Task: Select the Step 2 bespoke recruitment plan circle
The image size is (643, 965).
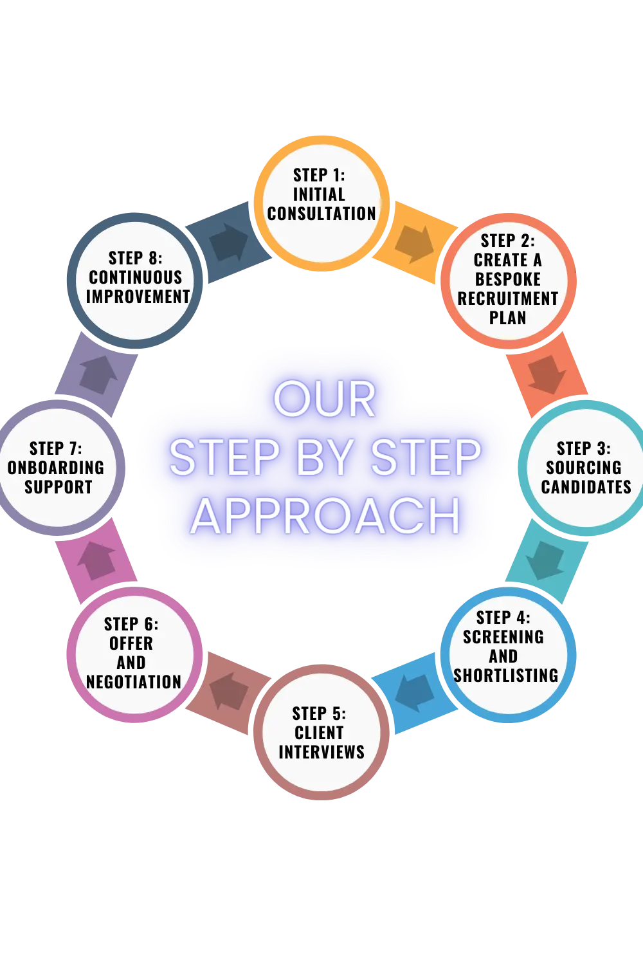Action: click(x=508, y=280)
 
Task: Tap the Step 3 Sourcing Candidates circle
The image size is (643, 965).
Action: click(x=584, y=468)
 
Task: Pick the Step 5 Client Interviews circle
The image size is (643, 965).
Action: click(x=321, y=733)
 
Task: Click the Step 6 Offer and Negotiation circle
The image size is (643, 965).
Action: click(x=134, y=654)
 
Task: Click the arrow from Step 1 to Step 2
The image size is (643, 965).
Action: click(x=414, y=243)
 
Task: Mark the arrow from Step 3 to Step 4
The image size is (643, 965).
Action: click(x=546, y=560)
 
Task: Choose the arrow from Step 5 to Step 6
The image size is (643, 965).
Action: click(x=228, y=691)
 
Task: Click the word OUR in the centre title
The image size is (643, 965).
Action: click(x=325, y=400)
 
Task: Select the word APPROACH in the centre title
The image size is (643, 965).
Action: click(x=325, y=516)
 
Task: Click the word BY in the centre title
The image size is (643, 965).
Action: click(x=324, y=458)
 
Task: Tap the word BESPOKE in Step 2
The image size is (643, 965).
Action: click(x=508, y=280)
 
